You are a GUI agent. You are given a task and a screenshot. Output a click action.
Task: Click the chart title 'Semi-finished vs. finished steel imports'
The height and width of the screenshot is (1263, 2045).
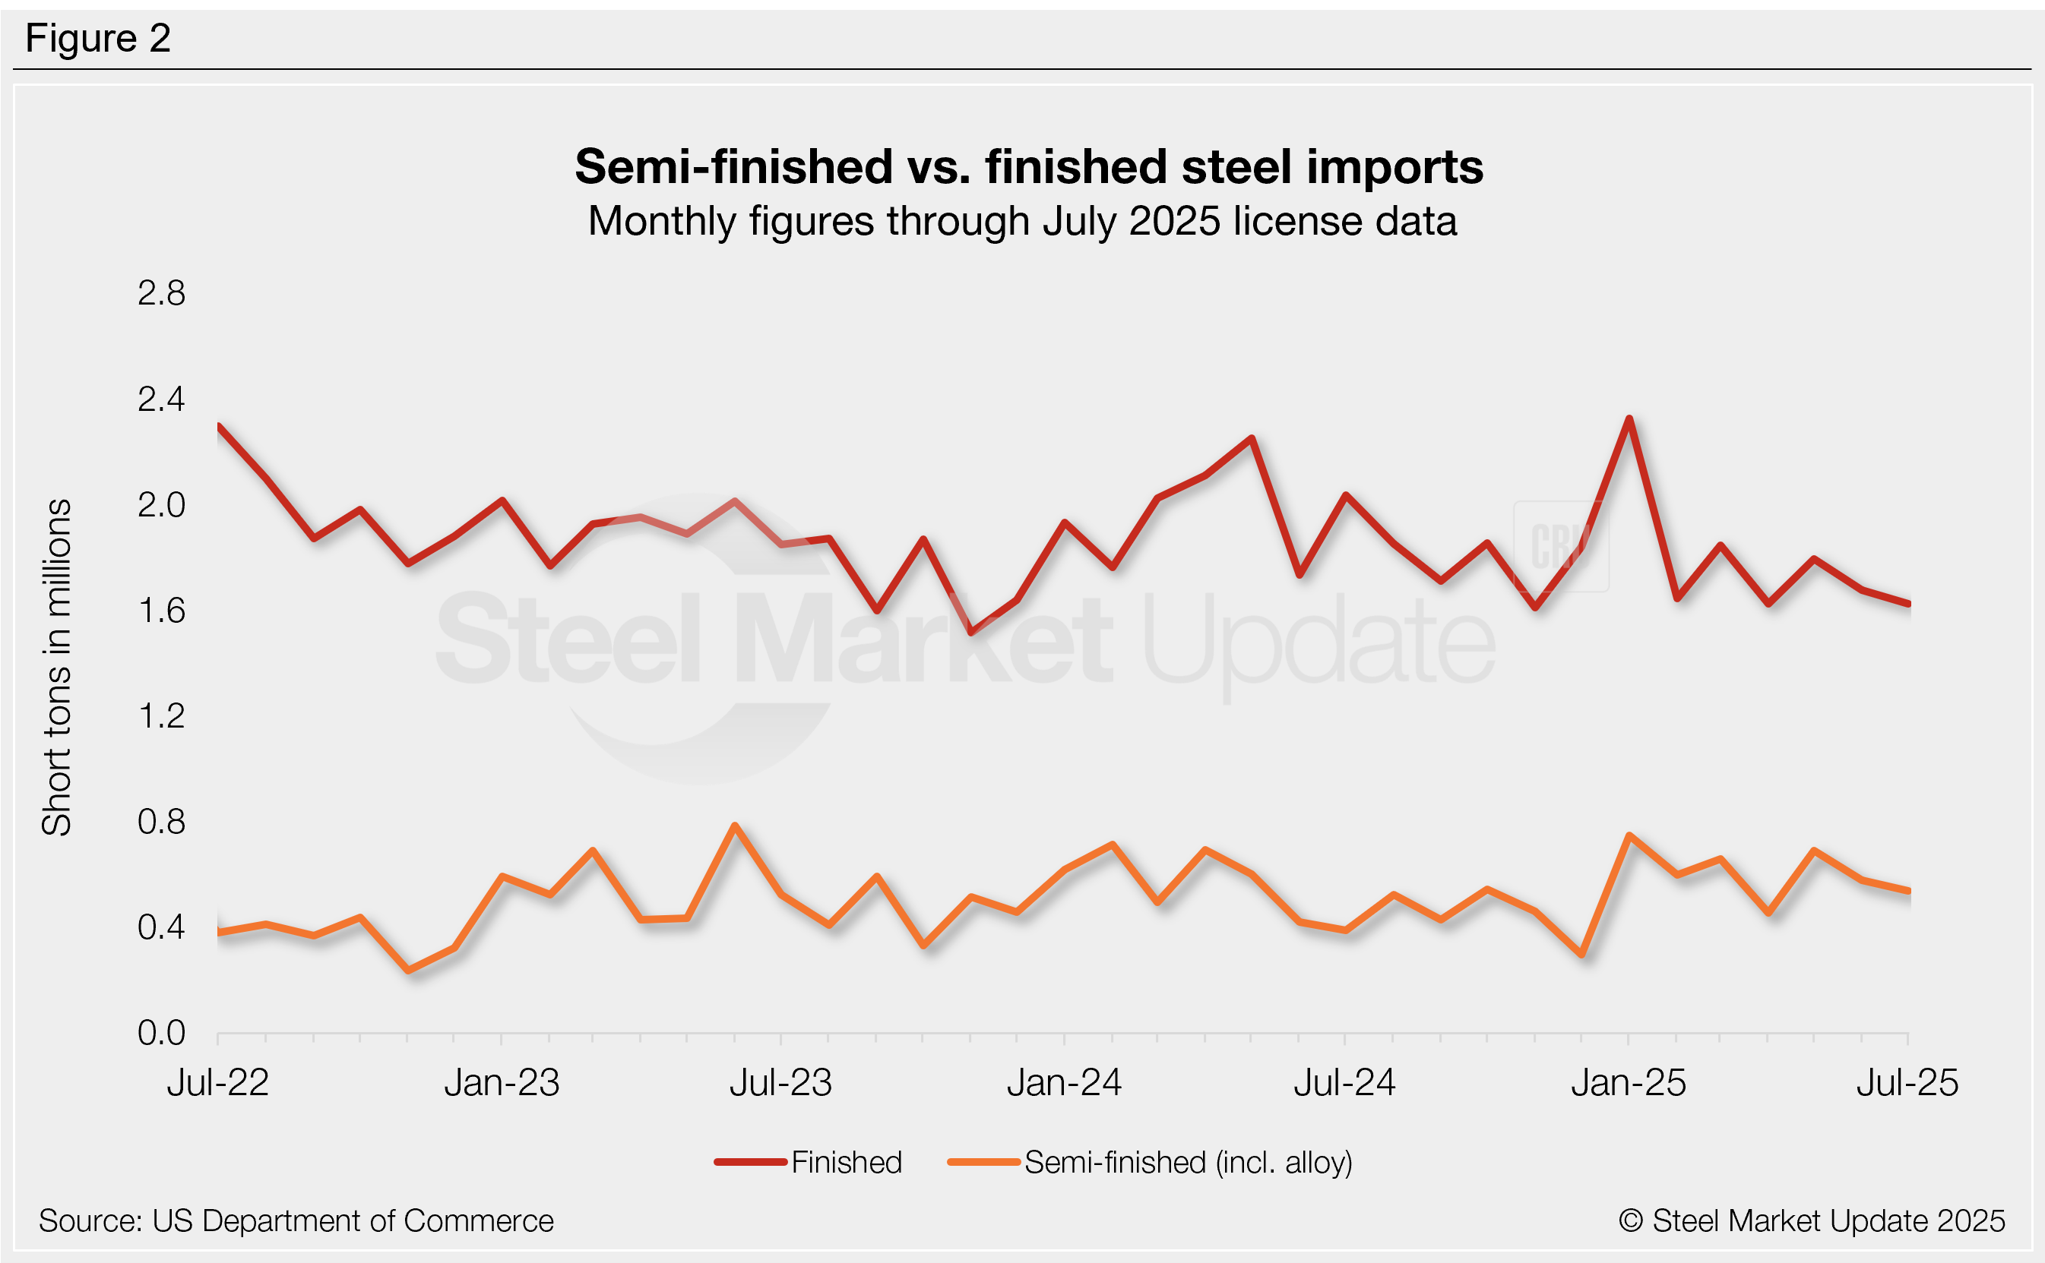pyautogui.click(x=1028, y=166)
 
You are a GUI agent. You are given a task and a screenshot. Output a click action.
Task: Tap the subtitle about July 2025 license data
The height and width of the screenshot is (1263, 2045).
pyautogui.click(x=1022, y=221)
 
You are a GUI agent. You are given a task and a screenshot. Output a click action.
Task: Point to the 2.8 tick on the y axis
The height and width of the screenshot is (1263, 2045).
pyautogui.click(x=161, y=293)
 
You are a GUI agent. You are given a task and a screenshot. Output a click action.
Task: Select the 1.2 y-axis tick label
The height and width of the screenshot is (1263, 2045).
pyautogui.click(x=161, y=716)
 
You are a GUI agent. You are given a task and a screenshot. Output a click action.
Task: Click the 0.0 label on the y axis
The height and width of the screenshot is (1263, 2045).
pyautogui.click(x=161, y=1034)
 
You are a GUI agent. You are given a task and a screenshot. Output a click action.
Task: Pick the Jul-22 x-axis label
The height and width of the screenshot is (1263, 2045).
pyautogui.click(x=217, y=1084)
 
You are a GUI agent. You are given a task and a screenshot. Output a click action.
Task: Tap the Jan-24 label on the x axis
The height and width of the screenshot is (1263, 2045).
pyautogui.click(x=1064, y=1084)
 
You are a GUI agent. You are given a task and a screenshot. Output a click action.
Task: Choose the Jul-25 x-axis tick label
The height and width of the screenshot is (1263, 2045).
pyautogui.click(x=1907, y=1084)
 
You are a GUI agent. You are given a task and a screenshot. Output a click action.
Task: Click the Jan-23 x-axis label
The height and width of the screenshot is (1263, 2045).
pyautogui.click(x=502, y=1084)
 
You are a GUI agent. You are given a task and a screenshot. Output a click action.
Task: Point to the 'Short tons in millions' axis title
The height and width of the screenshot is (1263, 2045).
pyautogui.click(x=57, y=667)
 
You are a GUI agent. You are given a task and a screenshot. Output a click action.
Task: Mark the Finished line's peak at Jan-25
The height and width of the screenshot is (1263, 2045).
pyautogui.click(x=1629, y=418)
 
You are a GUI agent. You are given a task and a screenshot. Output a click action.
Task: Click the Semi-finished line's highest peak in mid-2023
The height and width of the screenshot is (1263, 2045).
pyautogui.click(x=734, y=826)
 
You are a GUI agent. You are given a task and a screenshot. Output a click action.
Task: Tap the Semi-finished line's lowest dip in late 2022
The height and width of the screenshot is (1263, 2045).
pyautogui.click(x=408, y=971)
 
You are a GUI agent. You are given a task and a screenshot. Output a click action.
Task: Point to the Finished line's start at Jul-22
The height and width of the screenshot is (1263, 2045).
pyautogui.click(x=219, y=426)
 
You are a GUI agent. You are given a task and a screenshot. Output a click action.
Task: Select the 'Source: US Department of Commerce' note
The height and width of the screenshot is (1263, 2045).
pyautogui.click(x=296, y=1221)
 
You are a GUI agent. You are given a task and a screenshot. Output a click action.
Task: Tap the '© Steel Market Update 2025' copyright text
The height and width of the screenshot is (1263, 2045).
pyautogui.click(x=1811, y=1221)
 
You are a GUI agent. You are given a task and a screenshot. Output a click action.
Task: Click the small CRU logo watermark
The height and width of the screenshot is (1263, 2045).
pyautogui.click(x=1559, y=546)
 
